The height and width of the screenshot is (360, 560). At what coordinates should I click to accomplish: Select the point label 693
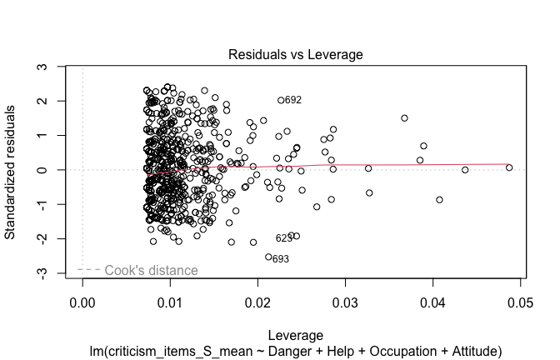(x=281, y=259)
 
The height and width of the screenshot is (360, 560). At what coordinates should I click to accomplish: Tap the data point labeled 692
(x=281, y=100)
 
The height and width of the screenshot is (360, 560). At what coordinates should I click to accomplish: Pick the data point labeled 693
(x=268, y=257)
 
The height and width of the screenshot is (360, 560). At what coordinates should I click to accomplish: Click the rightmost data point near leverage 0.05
(x=509, y=167)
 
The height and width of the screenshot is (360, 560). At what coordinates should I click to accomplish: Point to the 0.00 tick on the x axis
(x=82, y=301)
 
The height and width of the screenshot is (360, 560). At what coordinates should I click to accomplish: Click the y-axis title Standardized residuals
(x=11, y=170)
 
